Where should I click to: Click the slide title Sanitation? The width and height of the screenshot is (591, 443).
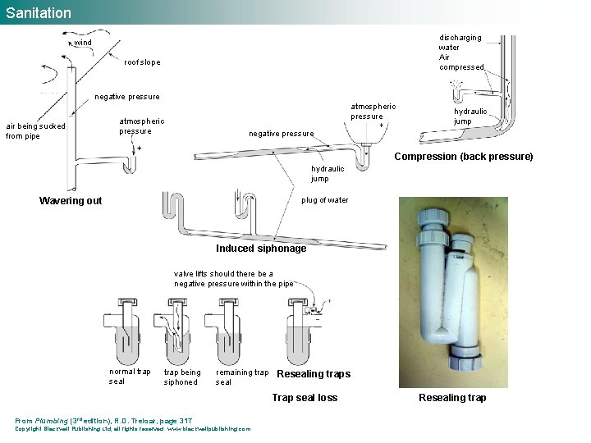(x=39, y=12)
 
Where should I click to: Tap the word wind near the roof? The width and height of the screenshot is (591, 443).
(x=84, y=42)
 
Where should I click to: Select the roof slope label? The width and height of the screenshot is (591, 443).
(x=142, y=62)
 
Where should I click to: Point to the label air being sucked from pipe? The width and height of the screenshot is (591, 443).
(x=34, y=131)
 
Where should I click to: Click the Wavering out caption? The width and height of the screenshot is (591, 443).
(x=71, y=201)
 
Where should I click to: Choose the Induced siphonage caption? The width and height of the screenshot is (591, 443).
(x=261, y=249)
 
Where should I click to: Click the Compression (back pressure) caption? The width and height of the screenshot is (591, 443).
(x=464, y=157)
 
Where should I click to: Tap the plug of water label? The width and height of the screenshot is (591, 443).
(x=325, y=200)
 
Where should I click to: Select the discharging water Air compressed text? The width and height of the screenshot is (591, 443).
(x=461, y=53)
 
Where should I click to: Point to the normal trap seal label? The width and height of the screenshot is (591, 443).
(x=130, y=377)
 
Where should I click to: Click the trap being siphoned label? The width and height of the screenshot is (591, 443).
(x=181, y=377)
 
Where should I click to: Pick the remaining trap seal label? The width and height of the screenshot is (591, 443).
(x=241, y=377)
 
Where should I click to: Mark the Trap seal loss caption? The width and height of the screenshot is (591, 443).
(x=305, y=398)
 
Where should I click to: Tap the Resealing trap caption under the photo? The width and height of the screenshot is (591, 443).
(x=452, y=398)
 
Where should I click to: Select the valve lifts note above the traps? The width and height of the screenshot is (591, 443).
(x=233, y=279)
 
